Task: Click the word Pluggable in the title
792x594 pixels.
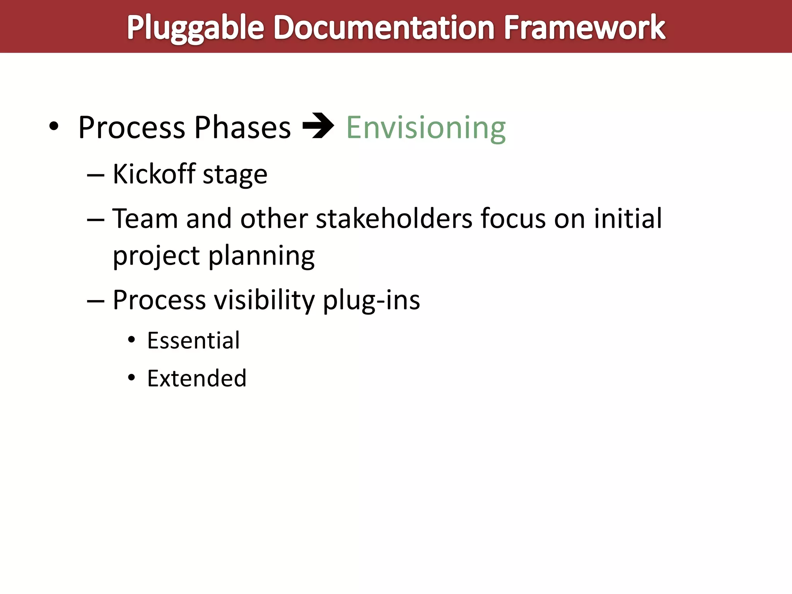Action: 195,28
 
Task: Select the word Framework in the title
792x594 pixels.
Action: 584,28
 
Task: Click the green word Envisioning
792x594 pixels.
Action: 426,128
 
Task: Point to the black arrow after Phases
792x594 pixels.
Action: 318,126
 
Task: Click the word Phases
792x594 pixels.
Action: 242,128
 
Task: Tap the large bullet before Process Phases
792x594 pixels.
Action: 54,126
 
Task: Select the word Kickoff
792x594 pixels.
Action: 154,174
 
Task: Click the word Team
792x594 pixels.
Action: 145,219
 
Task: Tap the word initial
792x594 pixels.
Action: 628,219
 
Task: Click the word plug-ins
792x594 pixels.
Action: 371,300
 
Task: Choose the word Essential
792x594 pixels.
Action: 193,341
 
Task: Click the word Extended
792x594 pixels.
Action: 196,378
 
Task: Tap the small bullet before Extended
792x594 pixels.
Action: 131,377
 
